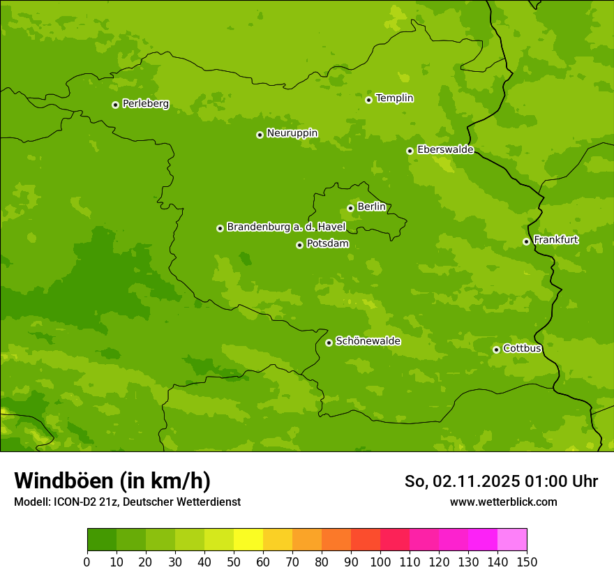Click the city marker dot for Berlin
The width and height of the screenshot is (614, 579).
350,208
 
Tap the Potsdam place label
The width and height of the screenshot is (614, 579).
327,243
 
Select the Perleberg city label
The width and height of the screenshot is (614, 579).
145,103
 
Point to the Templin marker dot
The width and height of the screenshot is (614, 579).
368,100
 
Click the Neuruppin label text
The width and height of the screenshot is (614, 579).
292,133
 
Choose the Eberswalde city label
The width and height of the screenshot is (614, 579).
445,149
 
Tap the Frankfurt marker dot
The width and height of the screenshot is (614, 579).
526,241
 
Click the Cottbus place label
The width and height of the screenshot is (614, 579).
522,348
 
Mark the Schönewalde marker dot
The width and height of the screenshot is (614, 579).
329,343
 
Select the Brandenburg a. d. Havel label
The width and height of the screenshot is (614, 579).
286,227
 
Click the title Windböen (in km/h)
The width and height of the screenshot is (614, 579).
112,481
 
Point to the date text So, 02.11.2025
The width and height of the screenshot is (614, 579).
460,481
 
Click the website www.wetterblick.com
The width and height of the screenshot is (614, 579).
503,502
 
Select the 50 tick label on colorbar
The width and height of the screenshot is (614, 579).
234,562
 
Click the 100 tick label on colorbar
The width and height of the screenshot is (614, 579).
380,562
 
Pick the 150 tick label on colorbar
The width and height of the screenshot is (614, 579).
527,562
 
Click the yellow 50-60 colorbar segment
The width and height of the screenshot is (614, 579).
248,540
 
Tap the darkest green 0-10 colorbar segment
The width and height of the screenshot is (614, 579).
102,540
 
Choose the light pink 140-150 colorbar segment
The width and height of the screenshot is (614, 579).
512,540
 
